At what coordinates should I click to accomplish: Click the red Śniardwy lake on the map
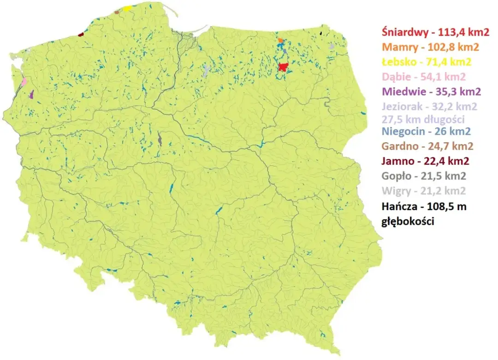(284, 67)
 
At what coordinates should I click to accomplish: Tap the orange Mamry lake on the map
(280, 41)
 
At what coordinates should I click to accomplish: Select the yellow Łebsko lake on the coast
(127, 8)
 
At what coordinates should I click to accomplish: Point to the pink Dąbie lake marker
(24, 82)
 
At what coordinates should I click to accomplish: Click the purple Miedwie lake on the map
(31, 95)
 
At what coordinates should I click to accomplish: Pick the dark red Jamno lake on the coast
(81, 34)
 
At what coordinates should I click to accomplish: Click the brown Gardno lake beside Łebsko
(117, 12)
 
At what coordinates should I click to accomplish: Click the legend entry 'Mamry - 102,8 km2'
(423, 47)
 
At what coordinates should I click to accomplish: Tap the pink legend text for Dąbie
(423, 77)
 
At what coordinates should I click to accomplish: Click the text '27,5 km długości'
(423, 119)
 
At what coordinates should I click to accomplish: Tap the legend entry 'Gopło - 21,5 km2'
(423, 176)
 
